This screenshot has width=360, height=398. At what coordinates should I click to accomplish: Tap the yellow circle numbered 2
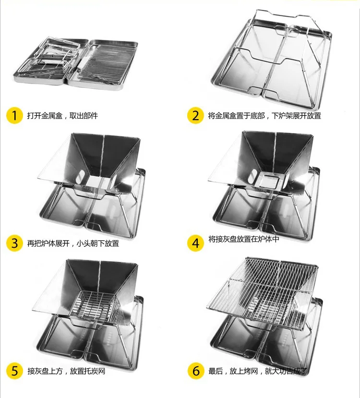[195, 116]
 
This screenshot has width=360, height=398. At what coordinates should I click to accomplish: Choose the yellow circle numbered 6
[195, 371]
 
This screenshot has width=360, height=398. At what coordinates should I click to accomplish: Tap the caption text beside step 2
[264, 116]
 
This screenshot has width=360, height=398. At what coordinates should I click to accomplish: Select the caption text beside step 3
[72, 243]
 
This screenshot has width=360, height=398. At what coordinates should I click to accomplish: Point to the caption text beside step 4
[243, 239]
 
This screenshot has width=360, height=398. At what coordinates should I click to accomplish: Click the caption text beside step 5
[66, 371]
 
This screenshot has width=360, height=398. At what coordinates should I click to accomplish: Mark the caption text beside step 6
[257, 371]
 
